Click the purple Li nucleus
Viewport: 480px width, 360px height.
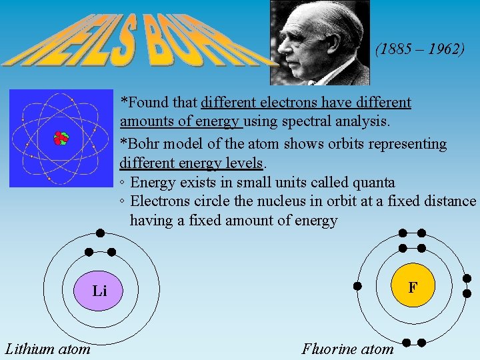[99, 291]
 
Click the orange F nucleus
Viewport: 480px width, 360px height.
[413, 287]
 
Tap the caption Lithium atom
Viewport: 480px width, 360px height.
[48, 348]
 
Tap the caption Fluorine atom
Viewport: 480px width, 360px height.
[347, 348]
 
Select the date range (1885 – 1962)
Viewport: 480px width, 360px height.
[420, 49]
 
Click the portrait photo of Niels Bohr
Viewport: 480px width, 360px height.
[319, 42]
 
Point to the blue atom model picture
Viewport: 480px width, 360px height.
[61, 138]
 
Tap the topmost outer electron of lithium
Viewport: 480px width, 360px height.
[99, 233]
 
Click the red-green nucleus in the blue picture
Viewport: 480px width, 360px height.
[61, 138]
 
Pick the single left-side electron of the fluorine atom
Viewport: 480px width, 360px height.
[357, 286]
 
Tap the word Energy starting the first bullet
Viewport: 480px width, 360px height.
[153, 182]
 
